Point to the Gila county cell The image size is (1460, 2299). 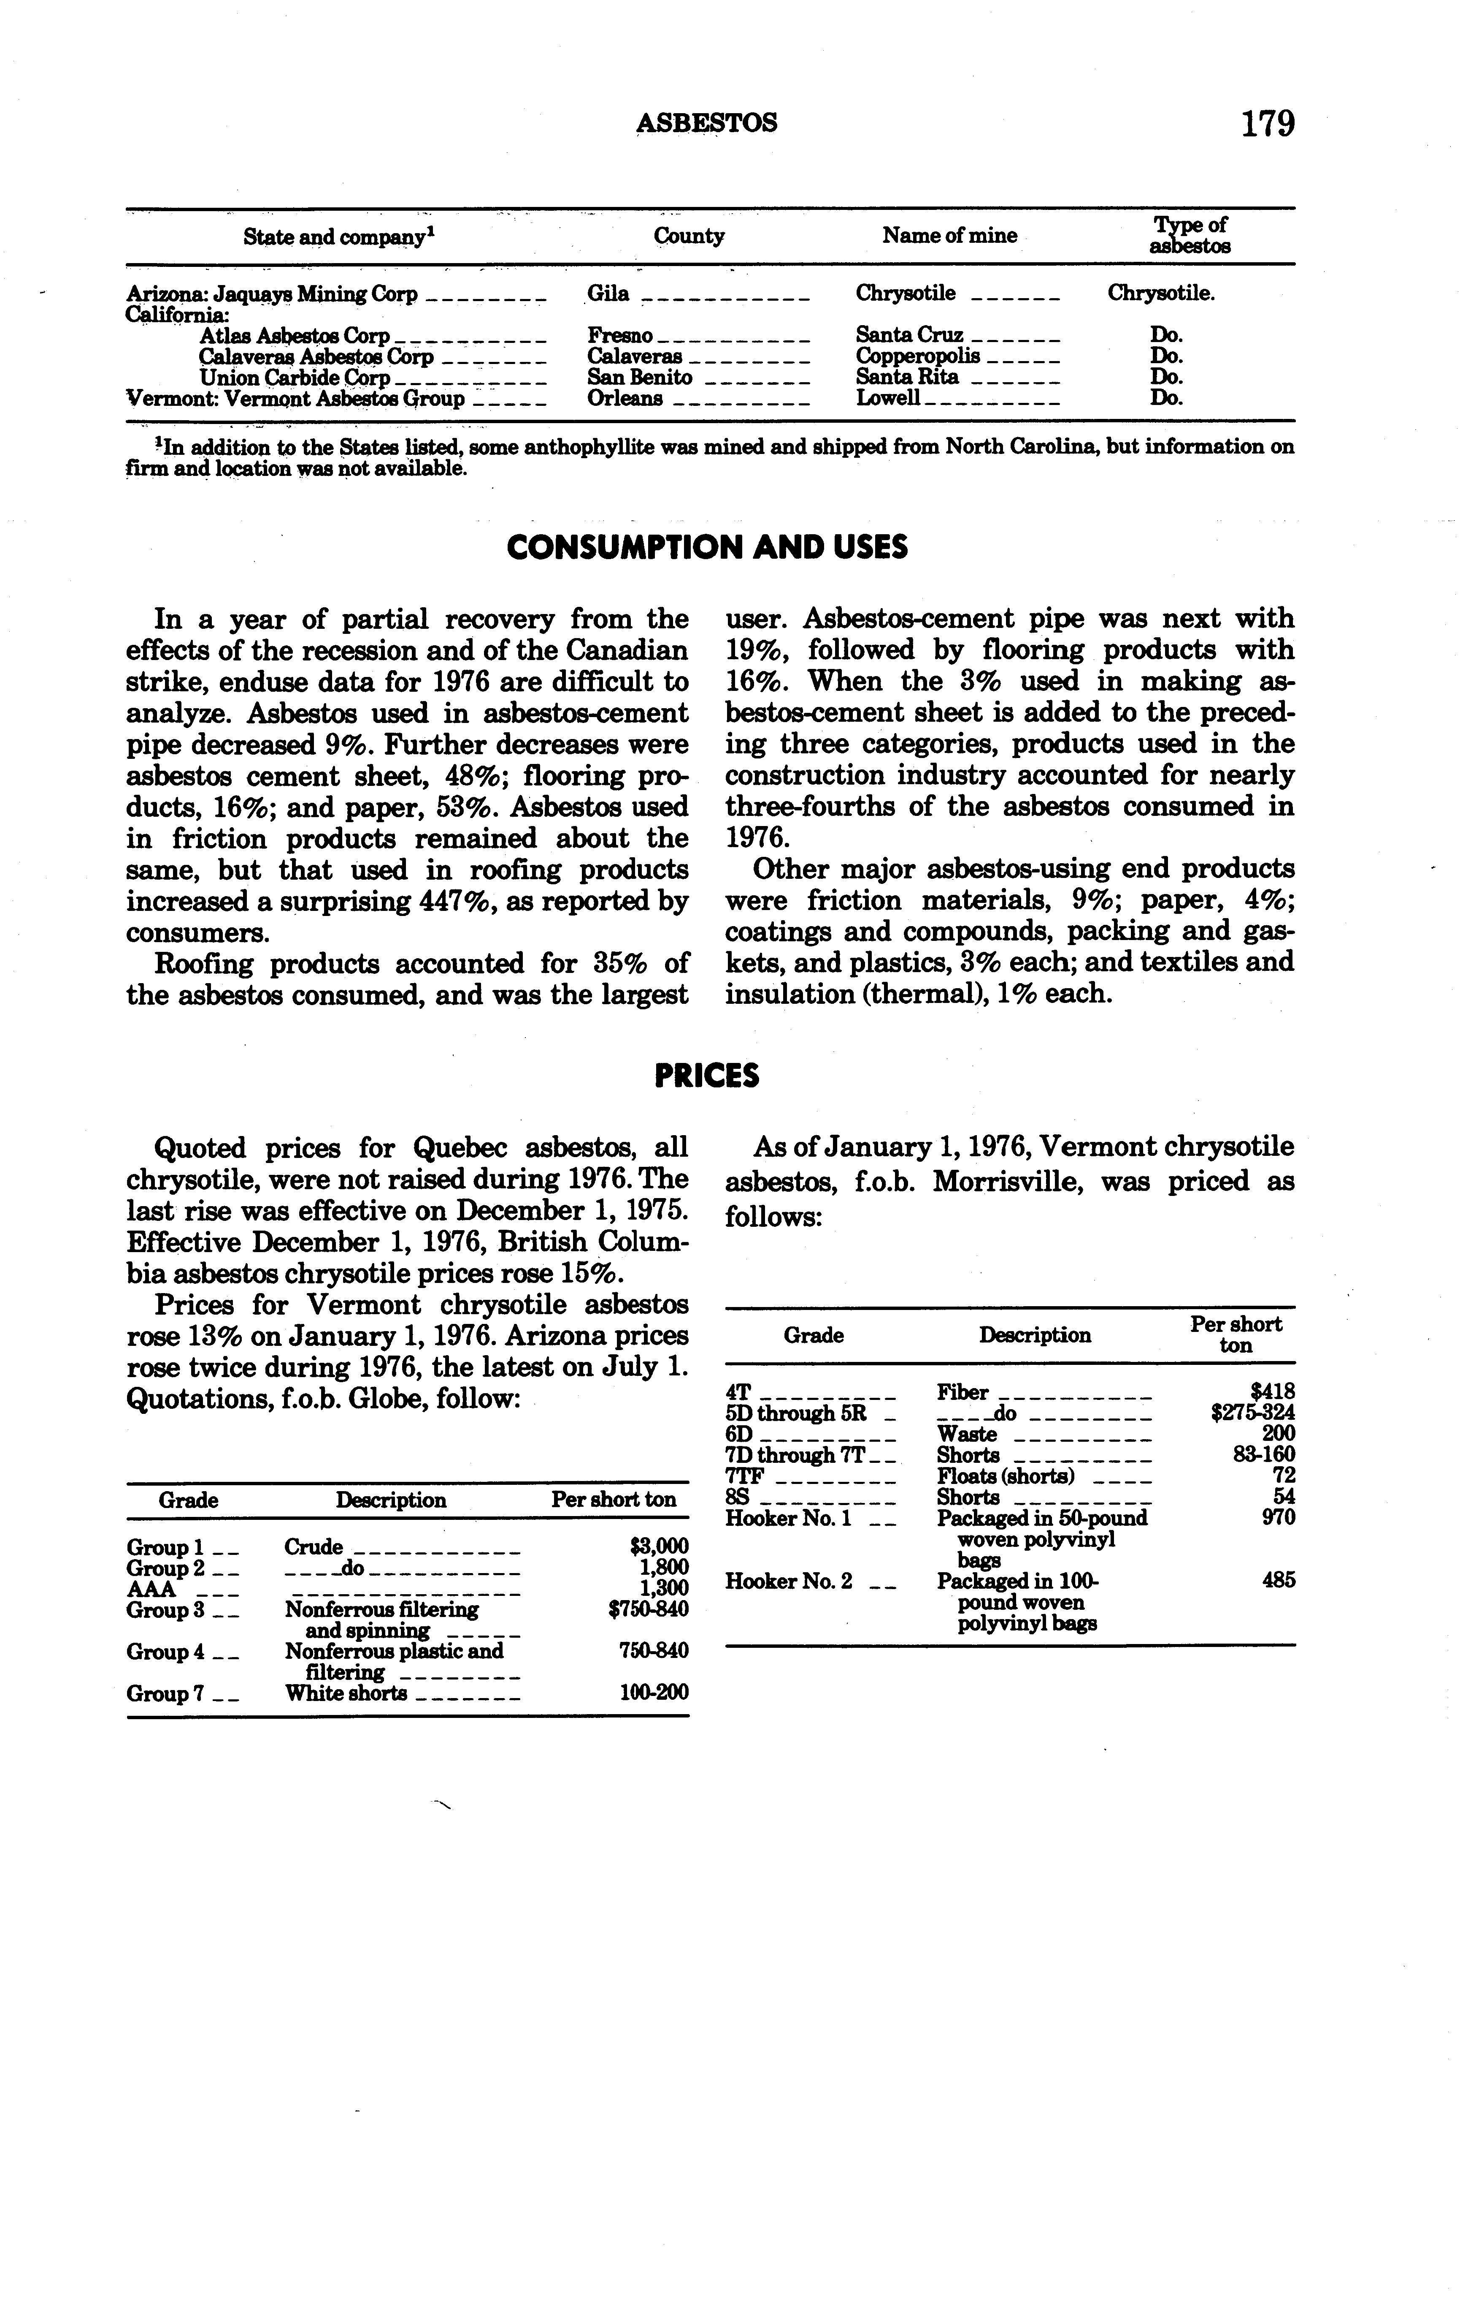(608, 294)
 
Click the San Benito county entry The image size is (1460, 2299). (639, 377)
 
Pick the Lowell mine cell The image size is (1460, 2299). (887, 398)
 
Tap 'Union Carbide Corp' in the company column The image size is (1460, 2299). (294, 377)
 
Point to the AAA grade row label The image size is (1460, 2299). (151, 1589)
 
